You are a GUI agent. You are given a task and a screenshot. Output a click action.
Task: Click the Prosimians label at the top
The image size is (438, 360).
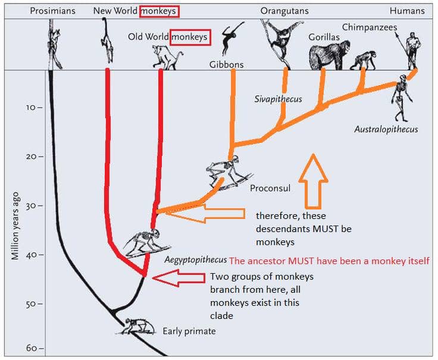[x=52, y=11]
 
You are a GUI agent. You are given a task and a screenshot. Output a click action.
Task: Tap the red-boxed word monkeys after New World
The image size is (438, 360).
[x=159, y=11]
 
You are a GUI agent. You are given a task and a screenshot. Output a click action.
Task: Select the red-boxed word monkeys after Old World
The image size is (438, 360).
[x=190, y=37]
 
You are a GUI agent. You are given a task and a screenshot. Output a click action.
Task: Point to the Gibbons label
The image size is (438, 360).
[x=226, y=64]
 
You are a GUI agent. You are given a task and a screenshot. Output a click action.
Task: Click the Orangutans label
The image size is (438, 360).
[x=284, y=11]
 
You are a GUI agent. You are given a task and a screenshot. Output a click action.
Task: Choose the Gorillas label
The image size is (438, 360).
[x=324, y=37]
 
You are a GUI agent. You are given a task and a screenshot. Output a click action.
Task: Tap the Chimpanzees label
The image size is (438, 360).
[x=370, y=27]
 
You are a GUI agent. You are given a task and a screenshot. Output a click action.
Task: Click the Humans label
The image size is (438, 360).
[x=407, y=11]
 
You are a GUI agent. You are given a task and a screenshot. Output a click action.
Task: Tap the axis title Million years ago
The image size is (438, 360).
[x=15, y=226]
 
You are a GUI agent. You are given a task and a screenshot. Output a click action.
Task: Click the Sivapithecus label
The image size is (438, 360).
[x=278, y=99]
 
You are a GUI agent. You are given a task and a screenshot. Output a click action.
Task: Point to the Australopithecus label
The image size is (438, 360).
[x=386, y=129]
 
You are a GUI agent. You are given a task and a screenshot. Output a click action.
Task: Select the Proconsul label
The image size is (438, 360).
[x=270, y=188]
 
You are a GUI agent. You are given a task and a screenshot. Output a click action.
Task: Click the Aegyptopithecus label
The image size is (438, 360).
[x=196, y=260]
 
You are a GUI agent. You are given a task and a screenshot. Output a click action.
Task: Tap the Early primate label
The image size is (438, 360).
[x=189, y=331]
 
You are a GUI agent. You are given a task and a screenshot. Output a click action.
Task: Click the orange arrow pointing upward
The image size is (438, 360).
[x=313, y=181]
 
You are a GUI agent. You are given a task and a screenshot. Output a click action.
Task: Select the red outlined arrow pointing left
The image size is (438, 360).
[x=179, y=278]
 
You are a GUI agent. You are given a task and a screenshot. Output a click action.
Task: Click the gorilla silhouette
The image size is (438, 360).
[x=330, y=55]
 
